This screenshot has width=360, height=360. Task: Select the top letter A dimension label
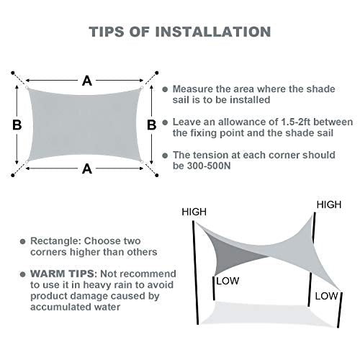click(87, 81)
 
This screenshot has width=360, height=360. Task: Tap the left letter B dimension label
click(17, 125)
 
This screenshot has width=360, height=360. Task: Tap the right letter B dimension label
click(151, 125)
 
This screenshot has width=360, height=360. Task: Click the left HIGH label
click(194, 212)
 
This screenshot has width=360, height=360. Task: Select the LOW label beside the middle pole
click(228, 281)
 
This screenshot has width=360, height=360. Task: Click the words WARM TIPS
click(60, 274)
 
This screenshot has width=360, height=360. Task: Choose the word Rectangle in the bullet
click(55, 240)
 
